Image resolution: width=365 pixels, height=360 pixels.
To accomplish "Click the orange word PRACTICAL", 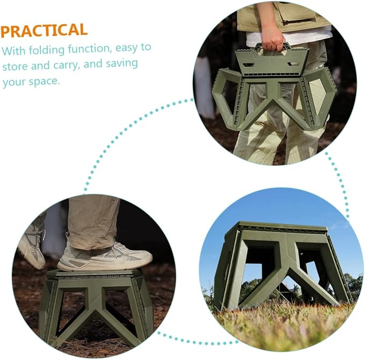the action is (44, 30).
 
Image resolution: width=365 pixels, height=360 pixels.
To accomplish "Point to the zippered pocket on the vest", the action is (298, 15).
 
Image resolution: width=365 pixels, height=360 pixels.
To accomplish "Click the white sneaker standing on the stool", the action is (105, 257).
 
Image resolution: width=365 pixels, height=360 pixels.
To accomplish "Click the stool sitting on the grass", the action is (283, 266).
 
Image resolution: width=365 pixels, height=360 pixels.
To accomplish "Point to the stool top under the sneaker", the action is (94, 273).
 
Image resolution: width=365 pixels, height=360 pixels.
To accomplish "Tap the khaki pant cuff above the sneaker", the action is (93, 244).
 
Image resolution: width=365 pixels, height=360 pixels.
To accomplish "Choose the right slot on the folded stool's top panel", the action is (294, 64).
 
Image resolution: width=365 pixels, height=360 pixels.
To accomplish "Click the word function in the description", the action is (89, 49).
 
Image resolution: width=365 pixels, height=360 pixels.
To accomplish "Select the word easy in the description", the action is (127, 48).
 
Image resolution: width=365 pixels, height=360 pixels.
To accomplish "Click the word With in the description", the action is (14, 51).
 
